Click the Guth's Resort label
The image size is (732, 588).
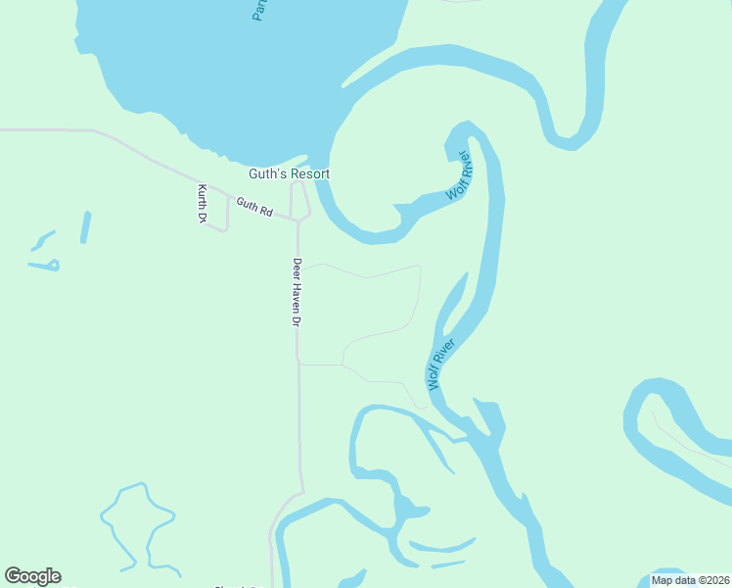tap(289, 173)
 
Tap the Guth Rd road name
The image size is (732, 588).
tap(253, 207)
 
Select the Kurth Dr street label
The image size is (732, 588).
tap(202, 203)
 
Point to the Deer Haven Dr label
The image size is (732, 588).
tap(297, 292)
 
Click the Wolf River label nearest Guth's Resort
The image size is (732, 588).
tap(459, 177)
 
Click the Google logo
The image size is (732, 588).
tap(32, 576)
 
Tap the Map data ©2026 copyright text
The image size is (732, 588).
tap(690, 580)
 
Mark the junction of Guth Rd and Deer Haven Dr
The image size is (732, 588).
tap(297, 220)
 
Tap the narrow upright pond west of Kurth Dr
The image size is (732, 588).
tap(85, 227)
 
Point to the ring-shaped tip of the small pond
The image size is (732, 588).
tap(54, 265)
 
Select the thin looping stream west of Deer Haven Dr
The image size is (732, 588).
tap(137, 519)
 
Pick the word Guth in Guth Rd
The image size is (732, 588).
tap(246, 204)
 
